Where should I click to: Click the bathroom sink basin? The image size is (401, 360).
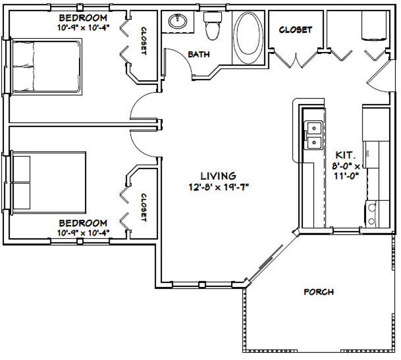tap(177, 22)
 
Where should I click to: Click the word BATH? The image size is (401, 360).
tap(199, 54)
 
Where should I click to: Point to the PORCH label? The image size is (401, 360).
tap(318, 292)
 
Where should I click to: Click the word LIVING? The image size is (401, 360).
tap(218, 176)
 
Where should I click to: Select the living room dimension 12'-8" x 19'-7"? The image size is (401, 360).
tap(218, 186)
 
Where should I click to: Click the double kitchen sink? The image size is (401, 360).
tap(314, 135)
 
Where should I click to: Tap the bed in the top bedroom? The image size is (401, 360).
tap(46, 67)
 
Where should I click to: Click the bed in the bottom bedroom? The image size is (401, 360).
tap(46, 182)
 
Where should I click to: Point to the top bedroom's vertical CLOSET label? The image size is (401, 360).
tap(143, 41)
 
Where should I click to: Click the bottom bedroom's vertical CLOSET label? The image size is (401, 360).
tap(143, 207)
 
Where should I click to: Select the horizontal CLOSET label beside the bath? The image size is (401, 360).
tap(295, 30)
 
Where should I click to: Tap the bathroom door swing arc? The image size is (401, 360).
tap(177, 61)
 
